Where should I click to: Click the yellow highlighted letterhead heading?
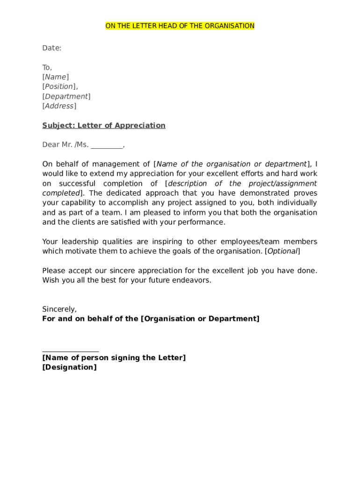180,26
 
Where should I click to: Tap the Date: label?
52,48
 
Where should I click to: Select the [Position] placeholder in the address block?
59,87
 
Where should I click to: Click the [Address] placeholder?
59,106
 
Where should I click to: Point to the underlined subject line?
104,125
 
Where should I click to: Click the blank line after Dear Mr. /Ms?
107,145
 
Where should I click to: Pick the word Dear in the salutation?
50,145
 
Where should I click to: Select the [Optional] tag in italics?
282,251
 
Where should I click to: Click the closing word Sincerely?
59,309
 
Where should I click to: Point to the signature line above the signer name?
71,350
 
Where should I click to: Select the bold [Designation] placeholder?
70,367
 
